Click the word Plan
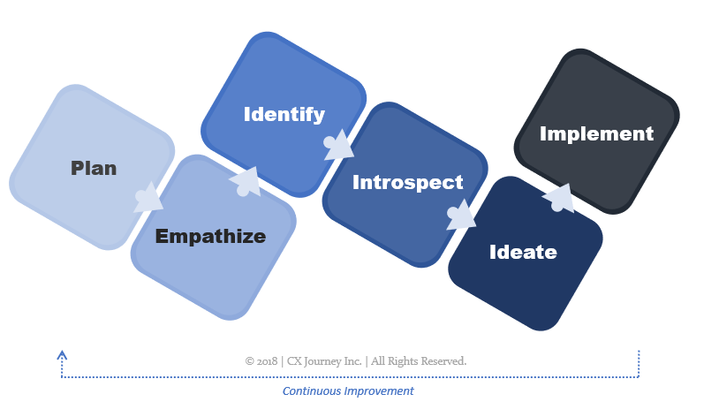pyautogui.click(x=94, y=168)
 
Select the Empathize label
pyautogui.click(x=210, y=236)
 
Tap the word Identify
pyautogui.click(x=284, y=114)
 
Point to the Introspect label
pyautogui.click(x=407, y=183)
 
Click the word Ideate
pyautogui.click(x=523, y=252)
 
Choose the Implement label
pyautogui.click(x=596, y=133)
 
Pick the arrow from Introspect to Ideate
pyautogui.click(x=460, y=216)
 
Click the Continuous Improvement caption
pyautogui.click(x=348, y=390)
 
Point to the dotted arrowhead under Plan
pyautogui.click(x=61, y=354)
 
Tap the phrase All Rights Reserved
pyautogui.click(x=420, y=361)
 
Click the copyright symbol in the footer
pyautogui.click(x=250, y=361)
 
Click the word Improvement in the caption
pyautogui.click(x=379, y=390)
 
